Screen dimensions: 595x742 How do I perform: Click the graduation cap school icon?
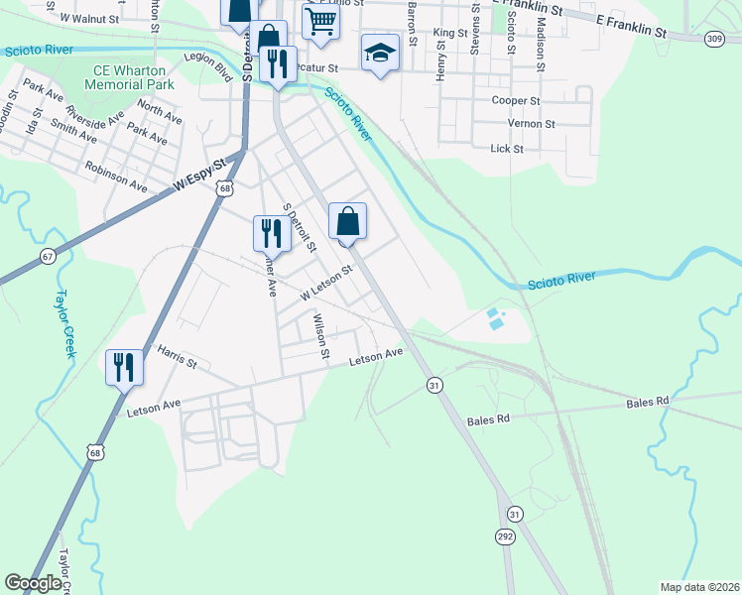[381, 53]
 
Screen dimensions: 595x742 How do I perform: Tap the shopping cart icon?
[321, 21]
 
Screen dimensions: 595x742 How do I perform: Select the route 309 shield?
[714, 38]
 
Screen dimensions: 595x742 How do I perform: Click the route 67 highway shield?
[47, 256]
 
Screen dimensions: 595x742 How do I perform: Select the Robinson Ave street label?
[116, 178]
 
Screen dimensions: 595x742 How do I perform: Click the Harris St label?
[178, 354]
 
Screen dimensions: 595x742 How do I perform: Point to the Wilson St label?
[319, 331]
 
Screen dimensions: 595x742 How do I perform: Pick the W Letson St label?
[326, 284]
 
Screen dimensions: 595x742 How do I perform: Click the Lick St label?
[506, 148]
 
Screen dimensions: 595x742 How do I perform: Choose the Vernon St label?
[531, 124]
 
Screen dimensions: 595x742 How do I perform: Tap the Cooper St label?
[515, 100]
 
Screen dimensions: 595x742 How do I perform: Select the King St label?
[450, 33]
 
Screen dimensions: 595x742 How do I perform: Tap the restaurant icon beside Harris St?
[125, 367]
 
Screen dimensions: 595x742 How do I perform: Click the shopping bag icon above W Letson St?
[347, 221]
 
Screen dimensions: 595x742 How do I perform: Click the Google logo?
[33, 583]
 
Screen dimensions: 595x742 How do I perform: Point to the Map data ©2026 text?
[697, 587]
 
